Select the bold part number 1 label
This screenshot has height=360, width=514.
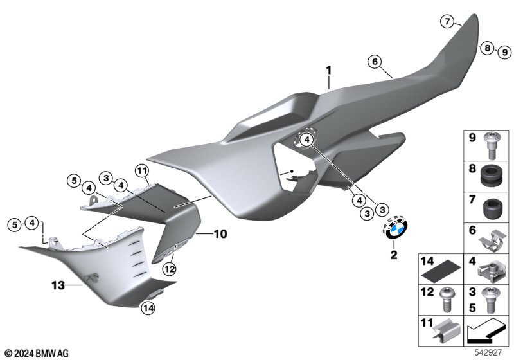(328, 71)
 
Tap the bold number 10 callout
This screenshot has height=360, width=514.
(220, 234)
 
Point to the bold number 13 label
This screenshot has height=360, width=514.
(58, 285)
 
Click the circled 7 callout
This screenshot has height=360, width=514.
(447, 22)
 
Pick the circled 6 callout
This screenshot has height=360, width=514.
(375, 62)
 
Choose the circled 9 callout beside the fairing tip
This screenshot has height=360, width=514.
(504, 52)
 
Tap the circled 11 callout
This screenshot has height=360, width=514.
(141, 171)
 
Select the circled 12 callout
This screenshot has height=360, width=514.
(170, 269)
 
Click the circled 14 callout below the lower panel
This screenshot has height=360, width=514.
(148, 308)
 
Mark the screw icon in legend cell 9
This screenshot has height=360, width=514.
(491, 145)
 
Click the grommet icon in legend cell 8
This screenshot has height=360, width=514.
(490, 176)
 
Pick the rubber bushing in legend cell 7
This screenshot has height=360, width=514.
(493, 208)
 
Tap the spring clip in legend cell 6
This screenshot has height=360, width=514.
(491, 240)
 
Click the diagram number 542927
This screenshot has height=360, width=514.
(488, 352)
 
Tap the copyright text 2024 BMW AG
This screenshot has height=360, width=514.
(41, 354)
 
